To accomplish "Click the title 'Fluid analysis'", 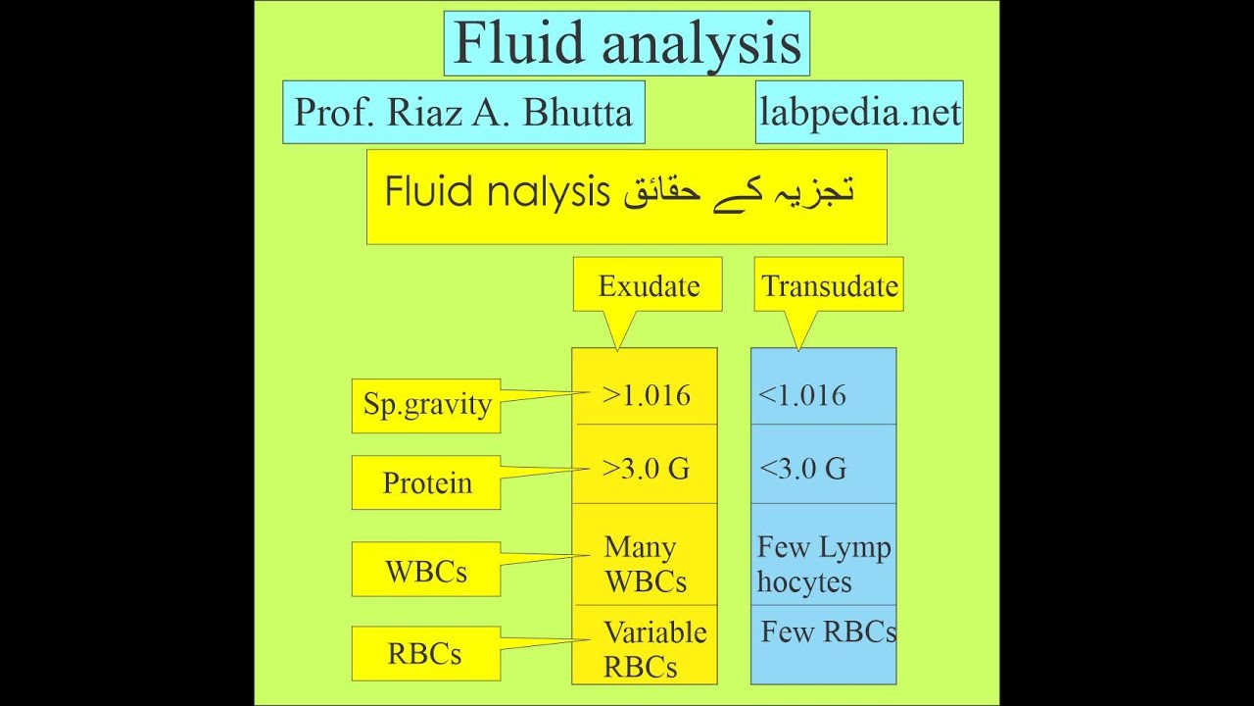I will [627, 44].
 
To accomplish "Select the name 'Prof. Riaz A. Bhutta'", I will [462, 113].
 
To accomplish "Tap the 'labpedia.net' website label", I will [859, 113].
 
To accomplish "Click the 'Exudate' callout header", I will [649, 285].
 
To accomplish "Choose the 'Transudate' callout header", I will [829, 285].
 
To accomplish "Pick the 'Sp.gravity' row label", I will [426, 405].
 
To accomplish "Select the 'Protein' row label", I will [426, 482].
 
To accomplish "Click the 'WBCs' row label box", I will [426, 571].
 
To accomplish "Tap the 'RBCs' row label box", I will [426, 654].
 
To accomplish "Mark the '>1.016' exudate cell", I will [646, 395].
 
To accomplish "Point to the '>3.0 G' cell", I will [646, 468].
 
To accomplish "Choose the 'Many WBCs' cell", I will [645, 564].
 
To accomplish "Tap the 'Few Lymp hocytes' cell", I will [823, 564].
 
